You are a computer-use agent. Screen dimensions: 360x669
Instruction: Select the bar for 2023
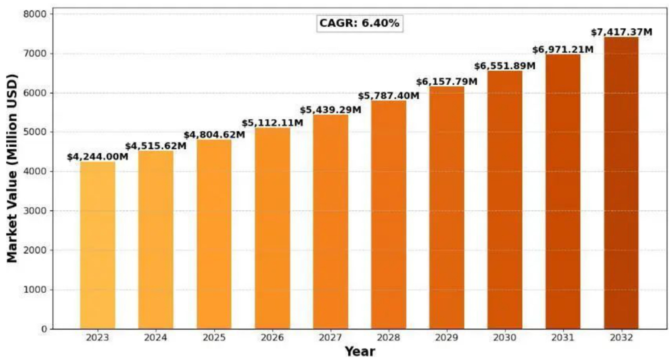[x=97, y=245]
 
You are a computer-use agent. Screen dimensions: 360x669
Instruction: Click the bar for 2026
[x=272, y=228]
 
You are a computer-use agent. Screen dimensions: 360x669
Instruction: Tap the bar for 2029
[x=446, y=207]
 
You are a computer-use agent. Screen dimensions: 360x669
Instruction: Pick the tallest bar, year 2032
[x=621, y=182]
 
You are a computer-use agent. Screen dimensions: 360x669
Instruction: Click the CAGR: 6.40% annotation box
[x=359, y=23]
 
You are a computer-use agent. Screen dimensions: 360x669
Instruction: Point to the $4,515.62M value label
[x=155, y=146]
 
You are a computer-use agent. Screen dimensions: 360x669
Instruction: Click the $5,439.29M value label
[x=330, y=110]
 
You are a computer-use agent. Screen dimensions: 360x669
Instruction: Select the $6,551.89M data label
[x=505, y=66]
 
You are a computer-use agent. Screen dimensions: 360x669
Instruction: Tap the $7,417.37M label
[x=621, y=32]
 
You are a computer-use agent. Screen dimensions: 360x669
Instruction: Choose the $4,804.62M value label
[x=214, y=135]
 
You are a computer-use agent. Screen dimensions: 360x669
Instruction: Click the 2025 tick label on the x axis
[x=214, y=338]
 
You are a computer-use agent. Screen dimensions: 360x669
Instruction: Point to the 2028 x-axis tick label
[x=388, y=338]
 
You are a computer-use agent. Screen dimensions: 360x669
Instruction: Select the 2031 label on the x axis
[x=563, y=338]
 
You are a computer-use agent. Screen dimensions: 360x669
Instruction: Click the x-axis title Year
[x=359, y=351]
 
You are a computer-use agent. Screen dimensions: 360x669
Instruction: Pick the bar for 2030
[x=505, y=200]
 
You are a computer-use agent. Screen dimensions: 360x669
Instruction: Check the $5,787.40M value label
[x=388, y=96]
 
